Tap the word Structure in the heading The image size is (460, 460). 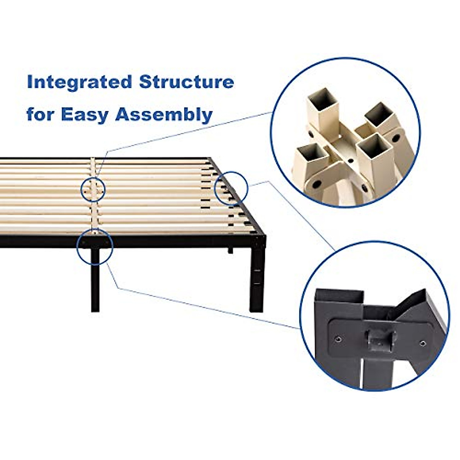[186, 82]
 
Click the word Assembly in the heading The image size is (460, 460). [164, 115]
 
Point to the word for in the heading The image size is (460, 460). [39, 114]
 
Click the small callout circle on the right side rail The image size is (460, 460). [230, 188]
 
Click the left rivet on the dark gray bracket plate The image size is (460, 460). [338, 338]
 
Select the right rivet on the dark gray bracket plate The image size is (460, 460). [423, 343]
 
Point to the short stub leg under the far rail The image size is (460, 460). [230, 251]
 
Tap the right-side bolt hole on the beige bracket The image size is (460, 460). [396, 137]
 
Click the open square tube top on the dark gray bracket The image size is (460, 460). [339, 296]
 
